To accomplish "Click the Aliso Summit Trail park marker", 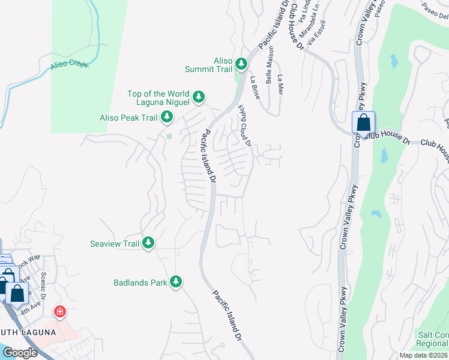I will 241,63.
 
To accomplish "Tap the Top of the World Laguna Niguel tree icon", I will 199,96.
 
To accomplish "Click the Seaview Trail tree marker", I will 148,243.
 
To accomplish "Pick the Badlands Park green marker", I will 176,281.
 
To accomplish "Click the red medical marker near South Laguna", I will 60,311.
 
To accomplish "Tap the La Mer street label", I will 280,85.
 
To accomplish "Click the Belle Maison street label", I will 270,65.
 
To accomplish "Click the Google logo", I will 19,353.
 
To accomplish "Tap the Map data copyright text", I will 423,355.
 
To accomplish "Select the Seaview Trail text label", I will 114,244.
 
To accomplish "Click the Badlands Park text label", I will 140,282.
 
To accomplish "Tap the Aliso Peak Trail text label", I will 128,118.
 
